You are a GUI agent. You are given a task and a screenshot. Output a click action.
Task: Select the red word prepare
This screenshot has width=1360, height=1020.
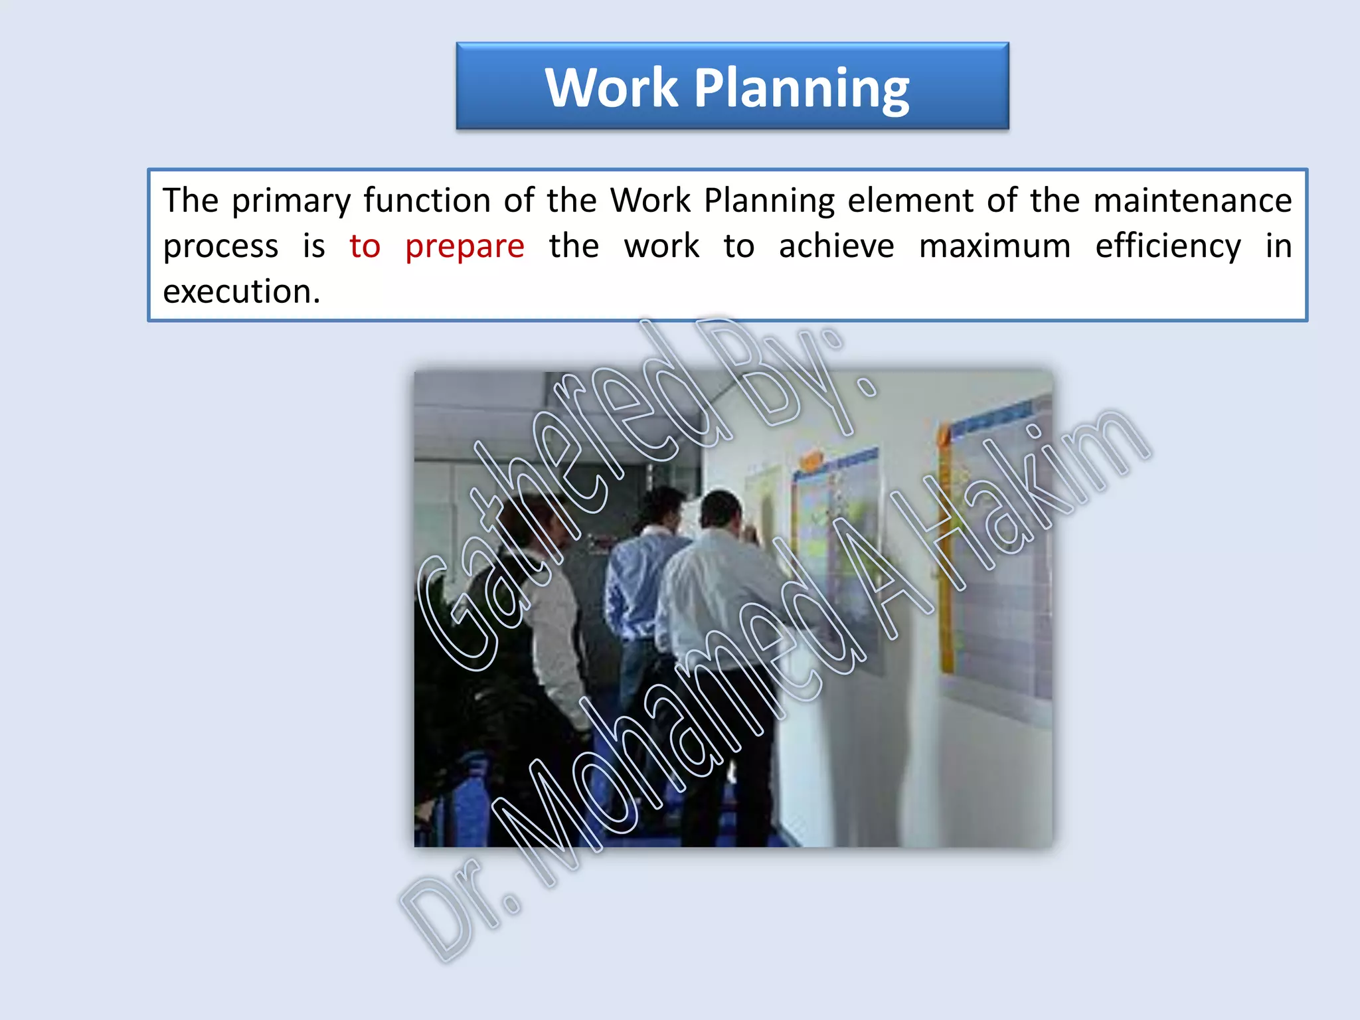(465, 247)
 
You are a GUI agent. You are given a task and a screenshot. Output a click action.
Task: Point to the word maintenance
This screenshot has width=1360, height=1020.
(1192, 201)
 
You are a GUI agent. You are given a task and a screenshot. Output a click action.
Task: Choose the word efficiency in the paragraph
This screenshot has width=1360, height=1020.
(1167, 247)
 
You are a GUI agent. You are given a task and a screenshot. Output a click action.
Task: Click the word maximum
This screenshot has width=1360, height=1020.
(994, 246)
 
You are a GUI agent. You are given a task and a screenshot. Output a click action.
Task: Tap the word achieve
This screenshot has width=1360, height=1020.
(836, 246)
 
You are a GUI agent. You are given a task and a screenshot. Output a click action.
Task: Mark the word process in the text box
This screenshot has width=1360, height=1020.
(220, 247)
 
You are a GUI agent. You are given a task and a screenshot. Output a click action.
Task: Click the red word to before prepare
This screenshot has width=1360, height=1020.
(365, 246)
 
